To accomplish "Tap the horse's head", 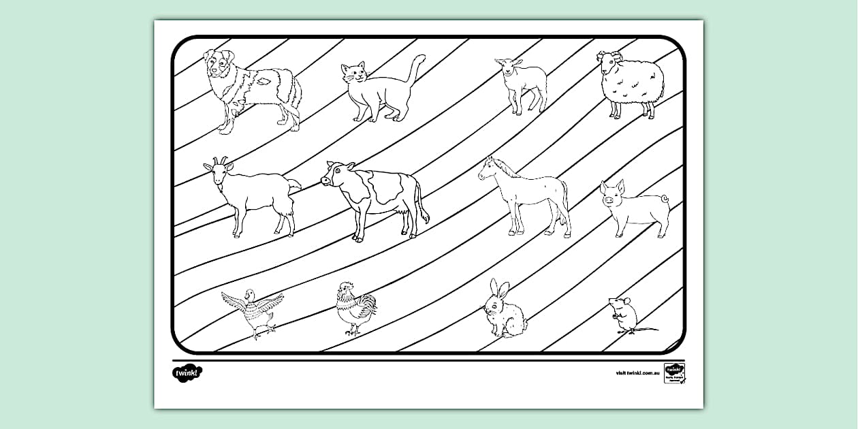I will tap(490, 168).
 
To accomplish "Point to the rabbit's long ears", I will tap(498, 289).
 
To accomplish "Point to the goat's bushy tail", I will tap(294, 185).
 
